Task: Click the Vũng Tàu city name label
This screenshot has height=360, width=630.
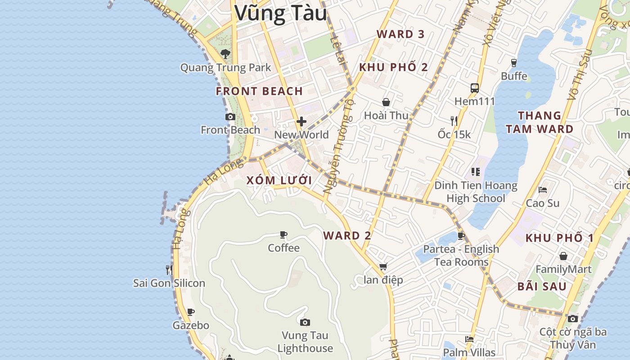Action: click(x=280, y=13)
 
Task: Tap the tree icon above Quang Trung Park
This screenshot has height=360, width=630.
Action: click(x=225, y=54)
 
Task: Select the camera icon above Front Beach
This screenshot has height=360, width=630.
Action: click(x=230, y=117)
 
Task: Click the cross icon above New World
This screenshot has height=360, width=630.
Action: click(x=301, y=121)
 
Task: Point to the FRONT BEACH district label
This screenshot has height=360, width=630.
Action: click(x=259, y=91)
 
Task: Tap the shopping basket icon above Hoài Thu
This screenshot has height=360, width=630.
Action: click(x=386, y=103)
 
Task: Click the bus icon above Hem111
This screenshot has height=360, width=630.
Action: click(x=475, y=88)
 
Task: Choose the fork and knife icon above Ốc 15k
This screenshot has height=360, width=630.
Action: click(x=454, y=121)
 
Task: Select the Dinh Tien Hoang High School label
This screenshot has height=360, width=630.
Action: click(x=476, y=192)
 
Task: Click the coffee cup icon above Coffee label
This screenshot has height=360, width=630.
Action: click(x=283, y=235)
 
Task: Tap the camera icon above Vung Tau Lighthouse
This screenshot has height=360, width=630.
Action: click(x=305, y=322)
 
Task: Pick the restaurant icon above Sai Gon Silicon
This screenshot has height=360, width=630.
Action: click(x=169, y=270)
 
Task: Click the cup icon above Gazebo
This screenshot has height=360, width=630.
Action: click(x=191, y=312)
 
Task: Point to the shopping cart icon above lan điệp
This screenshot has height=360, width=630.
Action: click(x=383, y=267)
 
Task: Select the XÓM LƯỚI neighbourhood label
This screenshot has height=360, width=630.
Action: click(x=279, y=180)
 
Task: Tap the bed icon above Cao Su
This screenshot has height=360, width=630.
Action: click(x=543, y=190)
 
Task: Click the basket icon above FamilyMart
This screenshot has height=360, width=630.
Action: click(x=563, y=256)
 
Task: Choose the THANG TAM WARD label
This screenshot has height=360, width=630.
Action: click(x=540, y=122)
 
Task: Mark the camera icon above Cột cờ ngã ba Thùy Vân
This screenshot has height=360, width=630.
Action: click(x=573, y=319)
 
